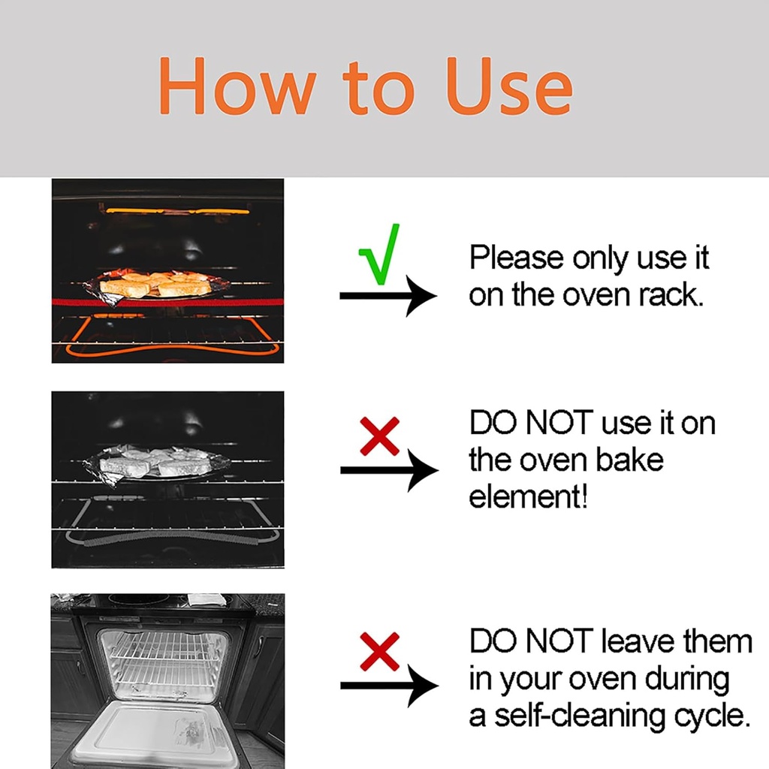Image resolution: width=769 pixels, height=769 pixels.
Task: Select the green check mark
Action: (381, 255)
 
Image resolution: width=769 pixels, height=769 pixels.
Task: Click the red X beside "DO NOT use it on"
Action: (379, 437)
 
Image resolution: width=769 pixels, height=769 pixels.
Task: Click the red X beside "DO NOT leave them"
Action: (379, 651)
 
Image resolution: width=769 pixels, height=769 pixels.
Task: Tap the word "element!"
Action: (528, 496)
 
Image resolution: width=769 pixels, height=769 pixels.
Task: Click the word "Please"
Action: (517, 258)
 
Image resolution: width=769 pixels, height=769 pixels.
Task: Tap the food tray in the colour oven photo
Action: (157, 285)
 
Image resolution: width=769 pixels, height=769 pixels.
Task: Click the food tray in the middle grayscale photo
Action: (155, 464)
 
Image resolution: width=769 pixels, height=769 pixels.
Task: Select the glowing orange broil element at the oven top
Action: (178, 211)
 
